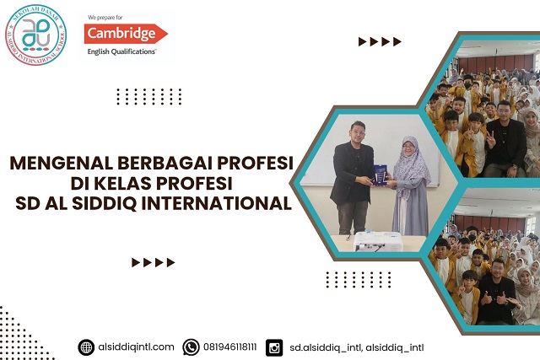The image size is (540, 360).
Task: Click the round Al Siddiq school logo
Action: click(35, 35)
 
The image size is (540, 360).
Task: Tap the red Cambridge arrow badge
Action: click(126, 34)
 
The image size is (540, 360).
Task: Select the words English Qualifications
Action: click(121, 51)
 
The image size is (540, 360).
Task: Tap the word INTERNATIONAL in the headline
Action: click(217, 203)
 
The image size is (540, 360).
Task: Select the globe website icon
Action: click(86, 347)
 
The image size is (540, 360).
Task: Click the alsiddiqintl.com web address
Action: click(136, 347)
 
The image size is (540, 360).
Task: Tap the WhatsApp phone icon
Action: click(191, 347)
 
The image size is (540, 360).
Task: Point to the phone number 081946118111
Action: click(230, 347)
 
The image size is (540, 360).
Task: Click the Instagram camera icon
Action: click(274, 347)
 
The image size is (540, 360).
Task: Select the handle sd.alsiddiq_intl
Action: click(326, 347)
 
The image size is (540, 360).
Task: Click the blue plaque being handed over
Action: click(379, 175)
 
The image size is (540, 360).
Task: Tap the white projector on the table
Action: click(378, 241)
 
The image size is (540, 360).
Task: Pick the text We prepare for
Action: click(105, 18)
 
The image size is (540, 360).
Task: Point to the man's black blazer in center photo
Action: click(351, 174)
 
